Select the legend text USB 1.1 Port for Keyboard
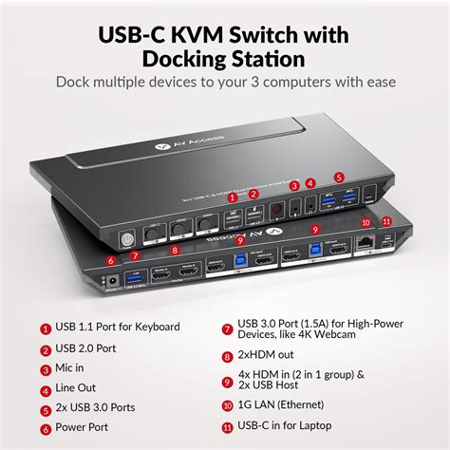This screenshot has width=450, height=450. click(x=118, y=327)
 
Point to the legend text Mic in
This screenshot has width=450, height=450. click(x=74, y=369)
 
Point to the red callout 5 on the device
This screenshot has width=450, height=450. click(x=339, y=177)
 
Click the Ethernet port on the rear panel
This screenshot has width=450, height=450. click(x=366, y=242)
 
